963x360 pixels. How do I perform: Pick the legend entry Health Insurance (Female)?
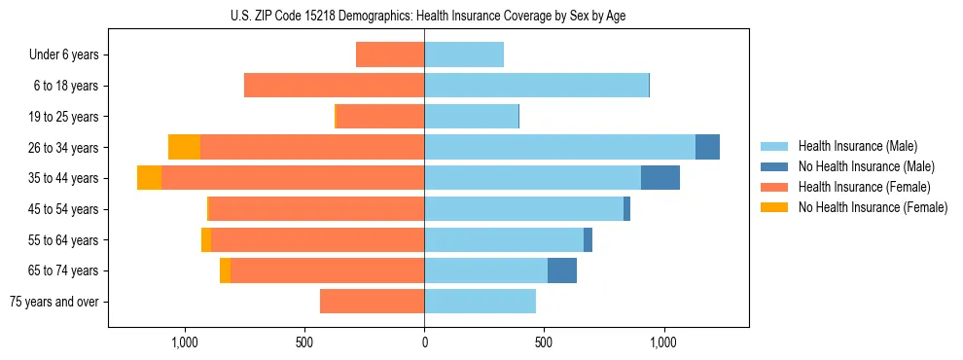[864, 187]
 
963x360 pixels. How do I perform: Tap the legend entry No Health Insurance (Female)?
[873, 207]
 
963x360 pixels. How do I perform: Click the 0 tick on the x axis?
[424, 342]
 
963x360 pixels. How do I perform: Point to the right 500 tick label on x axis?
[544, 342]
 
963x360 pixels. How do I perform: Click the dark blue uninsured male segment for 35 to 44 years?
[660, 178]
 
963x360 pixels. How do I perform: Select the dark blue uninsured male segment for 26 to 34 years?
[707, 147]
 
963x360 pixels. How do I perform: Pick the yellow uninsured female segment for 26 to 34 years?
[184, 147]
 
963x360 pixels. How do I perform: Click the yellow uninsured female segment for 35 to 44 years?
[149, 178]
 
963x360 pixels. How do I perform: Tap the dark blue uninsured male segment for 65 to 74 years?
[562, 270]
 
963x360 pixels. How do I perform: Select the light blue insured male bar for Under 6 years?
[464, 54]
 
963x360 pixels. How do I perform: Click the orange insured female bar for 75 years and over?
[372, 302]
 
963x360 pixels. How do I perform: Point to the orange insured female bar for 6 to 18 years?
[334, 86]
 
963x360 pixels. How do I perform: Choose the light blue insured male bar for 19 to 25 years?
[471, 117]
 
